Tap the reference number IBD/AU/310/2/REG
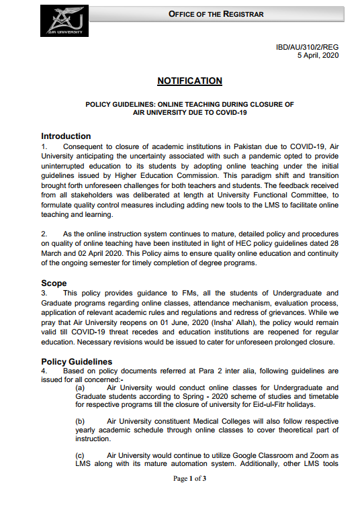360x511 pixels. tap(308, 48)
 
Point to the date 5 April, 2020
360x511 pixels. tap(318, 56)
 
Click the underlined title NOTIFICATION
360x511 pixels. tap(189, 81)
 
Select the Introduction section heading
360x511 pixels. tap(66, 136)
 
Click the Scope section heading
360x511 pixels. tap(54, 283)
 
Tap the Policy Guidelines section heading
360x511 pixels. tap(77, 362)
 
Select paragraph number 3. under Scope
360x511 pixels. tap(44, 293)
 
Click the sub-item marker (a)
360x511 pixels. tap(80, 388)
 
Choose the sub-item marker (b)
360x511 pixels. tap(80, 421)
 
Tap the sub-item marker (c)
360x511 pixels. tap(80, 455)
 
